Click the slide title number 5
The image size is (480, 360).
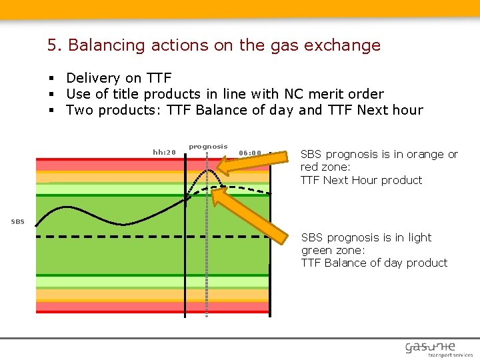pos(53,45)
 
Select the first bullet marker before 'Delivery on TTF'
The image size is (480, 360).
pos(51,79)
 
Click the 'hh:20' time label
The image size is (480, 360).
pos(164,152)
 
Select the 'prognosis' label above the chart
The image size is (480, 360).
pos(208,146)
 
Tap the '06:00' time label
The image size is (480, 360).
pos(250,152)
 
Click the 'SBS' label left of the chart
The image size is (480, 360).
pos(18,221)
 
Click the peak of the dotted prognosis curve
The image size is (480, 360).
pos(209,170)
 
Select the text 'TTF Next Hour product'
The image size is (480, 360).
pos(361,180)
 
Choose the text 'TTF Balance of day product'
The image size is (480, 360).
pos(374,263)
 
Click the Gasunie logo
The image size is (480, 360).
pos(430,347)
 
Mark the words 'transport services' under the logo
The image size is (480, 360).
pos(450,355)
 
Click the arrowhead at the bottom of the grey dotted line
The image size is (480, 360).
pos(207,316)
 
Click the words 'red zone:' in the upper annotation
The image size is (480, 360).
pos(325,167)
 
